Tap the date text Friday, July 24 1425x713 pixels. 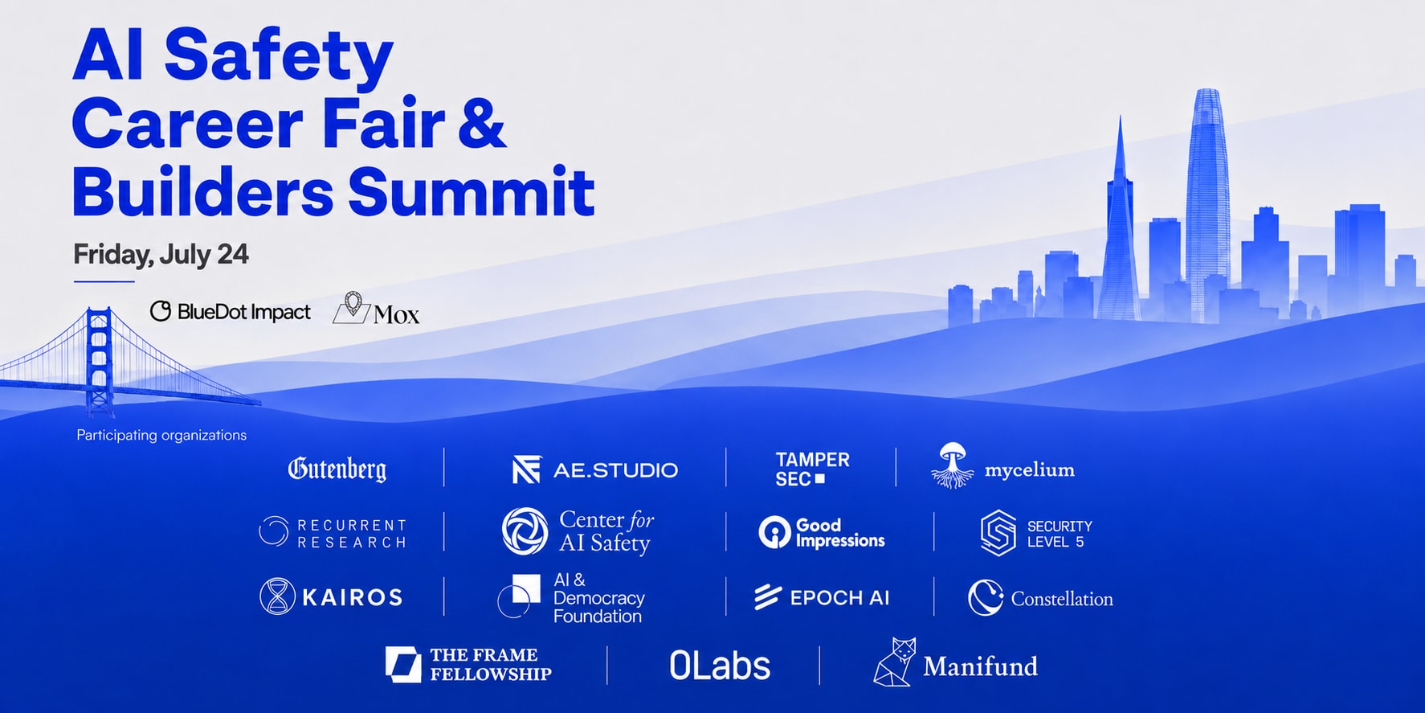(161, 255)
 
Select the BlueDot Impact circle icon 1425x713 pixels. (161, 311)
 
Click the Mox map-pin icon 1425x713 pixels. (352, 308)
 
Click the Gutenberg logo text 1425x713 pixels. (337, 469)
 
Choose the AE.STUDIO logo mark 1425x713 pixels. (526, 470)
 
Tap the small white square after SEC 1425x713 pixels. (819, 479)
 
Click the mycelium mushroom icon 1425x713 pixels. (953, 465)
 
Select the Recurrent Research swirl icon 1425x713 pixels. (273, 532)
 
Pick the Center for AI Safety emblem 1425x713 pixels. (525, 531)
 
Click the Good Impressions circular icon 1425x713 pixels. (774, 532)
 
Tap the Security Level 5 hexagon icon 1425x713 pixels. (998, 533)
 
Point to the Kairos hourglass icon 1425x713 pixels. (277, 596)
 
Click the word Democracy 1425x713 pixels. (599, 599)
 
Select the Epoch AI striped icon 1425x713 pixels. (767, 597)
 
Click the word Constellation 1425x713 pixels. (1062, 599)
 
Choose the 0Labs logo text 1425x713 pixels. (720, 666)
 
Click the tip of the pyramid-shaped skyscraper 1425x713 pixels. (1120, 117)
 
